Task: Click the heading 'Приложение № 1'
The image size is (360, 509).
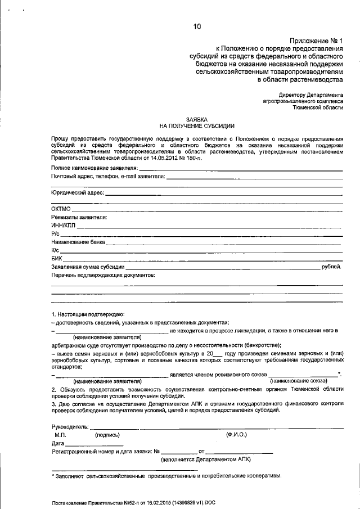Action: tap(317, 40)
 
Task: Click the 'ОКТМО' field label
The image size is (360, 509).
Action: tap(61, 209)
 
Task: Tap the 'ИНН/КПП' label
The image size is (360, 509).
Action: tap(63, 225)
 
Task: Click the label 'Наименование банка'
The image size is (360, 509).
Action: tap(78, 242)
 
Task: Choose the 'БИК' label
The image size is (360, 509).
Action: tap(56, 258)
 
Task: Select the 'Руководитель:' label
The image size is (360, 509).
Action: tap(70, 426)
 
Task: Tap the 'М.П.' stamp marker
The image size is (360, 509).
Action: tap(60, 435)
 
